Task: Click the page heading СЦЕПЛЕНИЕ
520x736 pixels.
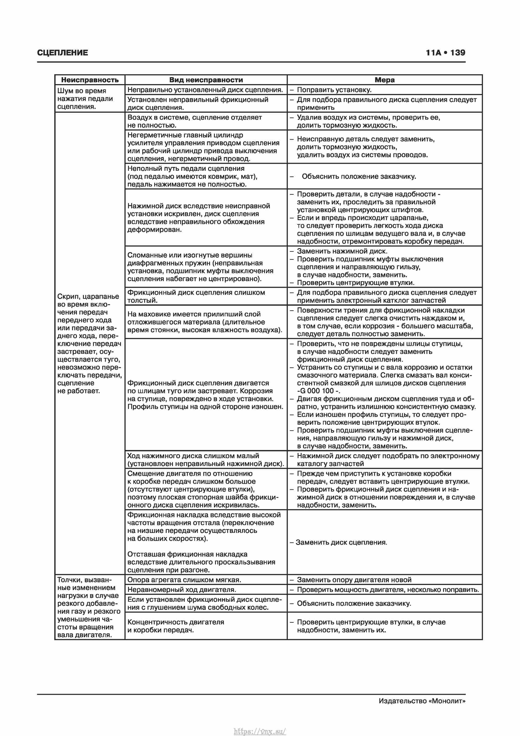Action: (62, 53)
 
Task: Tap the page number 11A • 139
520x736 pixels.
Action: (445, 53)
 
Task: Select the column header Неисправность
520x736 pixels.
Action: (90, 80)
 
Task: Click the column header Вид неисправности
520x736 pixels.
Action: (206, 80)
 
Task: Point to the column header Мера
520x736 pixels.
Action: (384, 80)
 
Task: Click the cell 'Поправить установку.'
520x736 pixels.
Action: (334, 90)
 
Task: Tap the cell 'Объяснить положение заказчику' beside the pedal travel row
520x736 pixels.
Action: (359, 176)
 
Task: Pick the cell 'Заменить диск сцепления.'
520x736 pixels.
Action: (341, 542)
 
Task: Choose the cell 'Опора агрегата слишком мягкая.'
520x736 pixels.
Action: (184, 580)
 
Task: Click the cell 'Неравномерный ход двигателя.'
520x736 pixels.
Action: (181, 589)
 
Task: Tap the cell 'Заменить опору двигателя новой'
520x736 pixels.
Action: (354, 580)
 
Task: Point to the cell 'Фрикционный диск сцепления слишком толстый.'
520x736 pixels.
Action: (196, 296)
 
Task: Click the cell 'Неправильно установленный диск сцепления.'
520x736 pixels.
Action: (205, 90)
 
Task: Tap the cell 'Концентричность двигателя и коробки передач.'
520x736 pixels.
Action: (175, 626)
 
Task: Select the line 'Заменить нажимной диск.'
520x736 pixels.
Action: (342, 251)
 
